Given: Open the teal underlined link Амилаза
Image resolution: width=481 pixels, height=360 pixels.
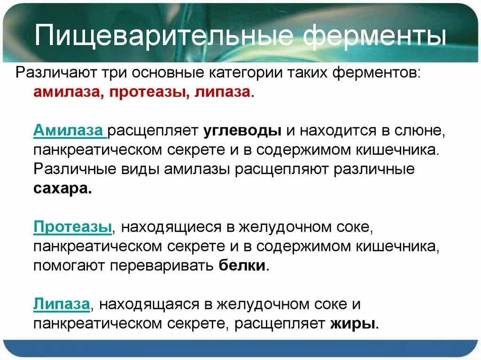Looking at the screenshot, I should [x=69, y=130].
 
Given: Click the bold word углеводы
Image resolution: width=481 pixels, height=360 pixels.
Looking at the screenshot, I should [x=242, y=130].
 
